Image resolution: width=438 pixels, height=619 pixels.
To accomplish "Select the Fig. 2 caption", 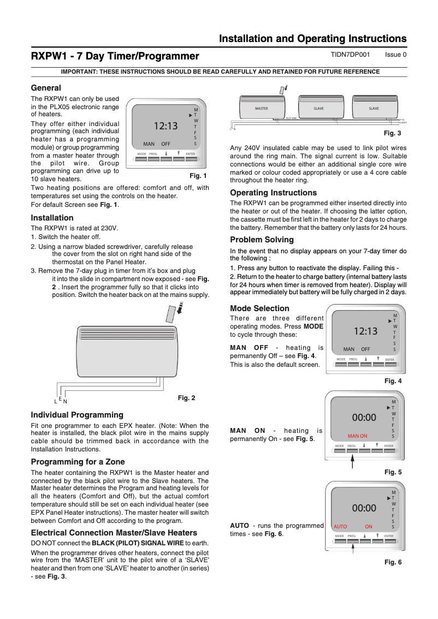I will pyautogui.click(x=186, y=398).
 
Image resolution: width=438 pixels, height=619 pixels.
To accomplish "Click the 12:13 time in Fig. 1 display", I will pyautogui.click(x=165, y=126).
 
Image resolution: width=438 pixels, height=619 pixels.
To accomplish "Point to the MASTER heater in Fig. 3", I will pyautogui.click(x=262, y=109).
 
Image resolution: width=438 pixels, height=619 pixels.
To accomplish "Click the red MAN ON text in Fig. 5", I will pyautogui.click(x=357, y=436).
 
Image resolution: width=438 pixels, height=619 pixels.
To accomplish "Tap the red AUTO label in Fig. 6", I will pyautogui.click(x=340, y=527).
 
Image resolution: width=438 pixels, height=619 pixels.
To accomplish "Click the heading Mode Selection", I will pyautogui.click(x=259, y=308).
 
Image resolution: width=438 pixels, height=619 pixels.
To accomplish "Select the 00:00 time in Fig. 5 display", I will pyautogui.click(x=364, y=418).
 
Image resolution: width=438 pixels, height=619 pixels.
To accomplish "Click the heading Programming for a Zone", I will pyautogui.click(x=78, y=462).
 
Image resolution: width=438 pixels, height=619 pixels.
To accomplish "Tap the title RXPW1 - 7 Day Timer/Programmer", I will pyautogui.click(x=115, y=56).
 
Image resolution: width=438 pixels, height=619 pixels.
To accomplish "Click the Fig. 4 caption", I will pyautogui.click(x=393, y=381).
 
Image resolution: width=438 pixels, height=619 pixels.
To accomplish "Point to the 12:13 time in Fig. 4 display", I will pyautogui.click(x=365, y=331).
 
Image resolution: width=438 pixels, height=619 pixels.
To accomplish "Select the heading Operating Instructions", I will pyautogui.click(x=273, y=193).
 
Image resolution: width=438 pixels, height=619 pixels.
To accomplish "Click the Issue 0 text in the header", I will pyautogui.click(x=395, y=55).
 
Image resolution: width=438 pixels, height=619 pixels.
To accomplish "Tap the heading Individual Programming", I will pyautogui.click(x=77, y=415).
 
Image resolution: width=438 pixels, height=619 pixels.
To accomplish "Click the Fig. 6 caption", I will pyautogui.click(x=393, y=562).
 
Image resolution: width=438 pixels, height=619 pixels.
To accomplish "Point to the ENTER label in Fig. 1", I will pyautogui.click(x=190, y=154).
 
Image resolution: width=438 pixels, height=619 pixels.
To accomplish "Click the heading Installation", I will pyautogui.click(x=52, y=218).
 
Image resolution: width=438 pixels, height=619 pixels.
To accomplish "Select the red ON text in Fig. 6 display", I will pyautogui.click(x=369, y=527).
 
